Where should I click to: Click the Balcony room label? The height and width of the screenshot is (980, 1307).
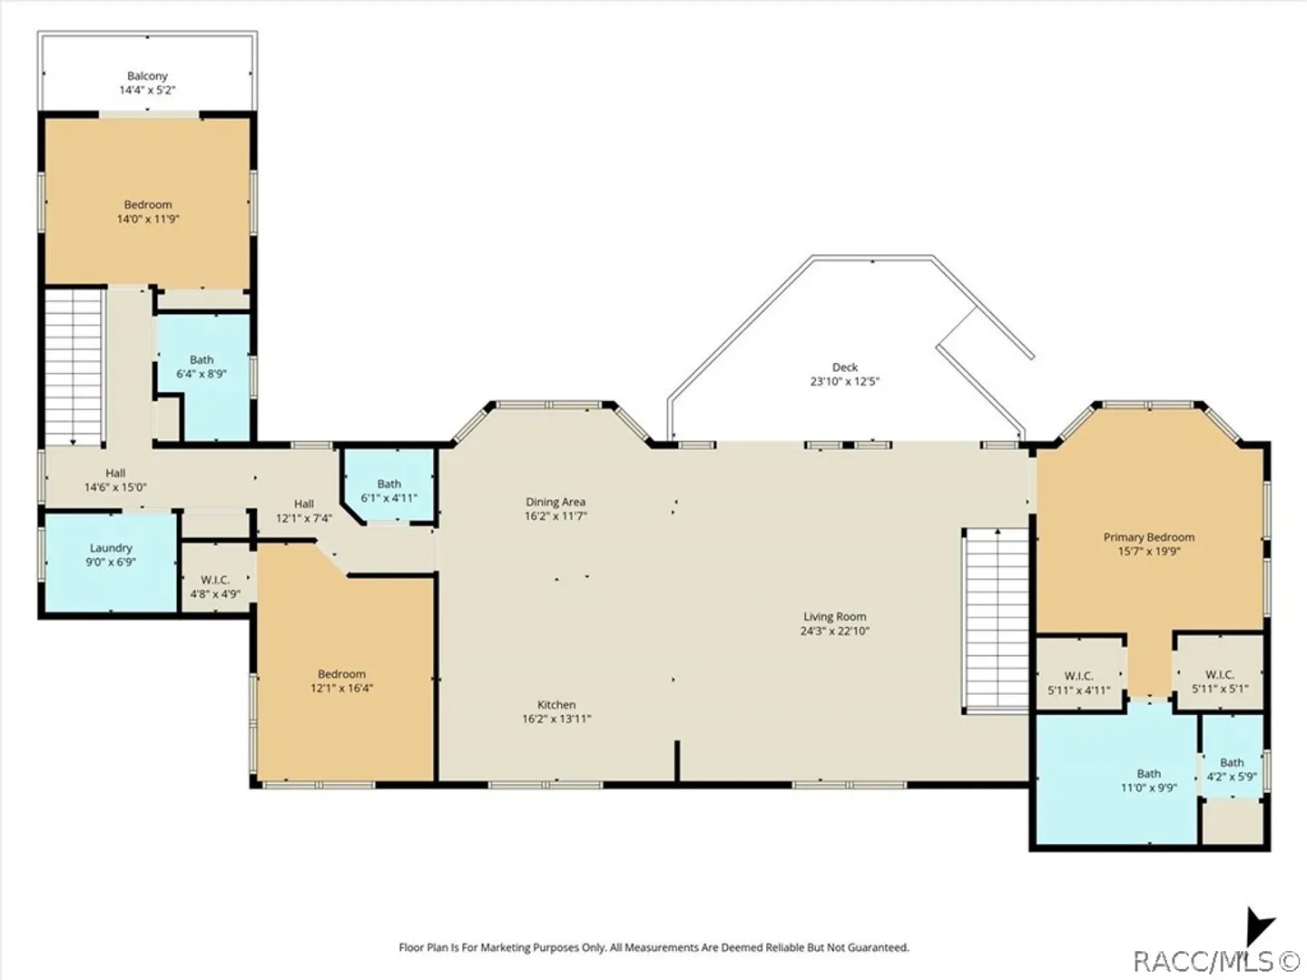point(147,76)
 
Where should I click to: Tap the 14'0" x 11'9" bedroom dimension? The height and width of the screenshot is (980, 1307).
point(148,219)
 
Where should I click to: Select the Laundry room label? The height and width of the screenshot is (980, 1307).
point(111,548)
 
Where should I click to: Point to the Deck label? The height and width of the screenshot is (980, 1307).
point(845,367)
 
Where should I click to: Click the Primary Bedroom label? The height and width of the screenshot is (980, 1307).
point(1148,537)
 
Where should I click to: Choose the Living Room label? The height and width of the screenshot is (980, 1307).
point(835,617)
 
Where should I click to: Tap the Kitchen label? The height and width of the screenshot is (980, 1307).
point(556,704)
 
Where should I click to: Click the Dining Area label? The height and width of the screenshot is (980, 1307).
point(555,502)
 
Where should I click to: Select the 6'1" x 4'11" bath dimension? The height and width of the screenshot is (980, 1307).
point(389,498)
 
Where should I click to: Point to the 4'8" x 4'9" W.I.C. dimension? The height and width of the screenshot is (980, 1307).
point(215,593)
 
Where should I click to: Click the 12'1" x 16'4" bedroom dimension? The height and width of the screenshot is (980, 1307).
point(342,689)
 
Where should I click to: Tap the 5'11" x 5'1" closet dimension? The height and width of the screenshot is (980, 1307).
point(1220,689)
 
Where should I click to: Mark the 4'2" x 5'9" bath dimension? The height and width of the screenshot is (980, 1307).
point(1232,777)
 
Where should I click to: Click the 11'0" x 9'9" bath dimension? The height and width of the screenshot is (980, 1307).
point(1148,788)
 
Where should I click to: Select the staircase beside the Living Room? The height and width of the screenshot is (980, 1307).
point(996,620)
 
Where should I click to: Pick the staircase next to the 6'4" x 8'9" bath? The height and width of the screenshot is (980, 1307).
point(74,367)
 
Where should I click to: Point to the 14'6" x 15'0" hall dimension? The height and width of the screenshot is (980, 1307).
point(115,487)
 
